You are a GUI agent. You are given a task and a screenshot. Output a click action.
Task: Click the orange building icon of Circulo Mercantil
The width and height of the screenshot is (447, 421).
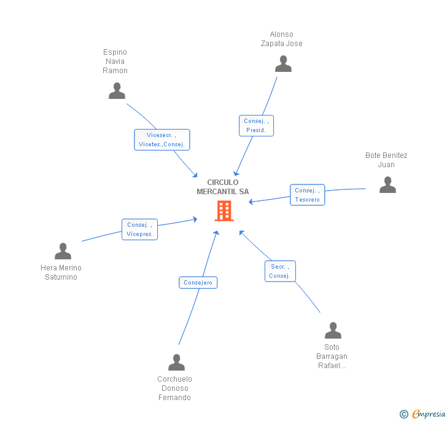click(x=224, y=211)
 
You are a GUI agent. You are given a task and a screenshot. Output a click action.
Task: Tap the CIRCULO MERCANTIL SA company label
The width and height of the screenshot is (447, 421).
click(x=223, y=187)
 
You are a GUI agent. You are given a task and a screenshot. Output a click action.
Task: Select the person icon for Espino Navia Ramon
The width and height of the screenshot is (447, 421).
click(x=117, y=91)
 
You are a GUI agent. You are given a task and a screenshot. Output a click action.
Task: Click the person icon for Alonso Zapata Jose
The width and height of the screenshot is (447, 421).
click(x=283, y=64)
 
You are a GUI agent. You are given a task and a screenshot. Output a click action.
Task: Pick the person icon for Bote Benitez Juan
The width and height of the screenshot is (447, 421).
click(x=387, y=185)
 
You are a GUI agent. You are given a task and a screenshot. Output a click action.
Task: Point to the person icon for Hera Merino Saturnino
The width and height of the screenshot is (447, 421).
click(x=63, y=251)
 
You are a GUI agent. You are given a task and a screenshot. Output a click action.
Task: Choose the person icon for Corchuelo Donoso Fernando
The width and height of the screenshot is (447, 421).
click(x=176, y=363)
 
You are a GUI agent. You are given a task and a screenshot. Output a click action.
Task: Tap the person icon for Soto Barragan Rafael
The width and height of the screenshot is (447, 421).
click(x=333, y=331)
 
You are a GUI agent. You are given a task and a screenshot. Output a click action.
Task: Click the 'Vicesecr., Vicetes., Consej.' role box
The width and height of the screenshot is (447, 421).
click(x=162, y=140)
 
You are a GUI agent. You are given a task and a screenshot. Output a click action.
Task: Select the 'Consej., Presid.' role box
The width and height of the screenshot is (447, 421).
click(x=256, y=125)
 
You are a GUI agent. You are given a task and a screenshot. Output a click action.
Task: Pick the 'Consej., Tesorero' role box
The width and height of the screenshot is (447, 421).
click(x=308, y=195)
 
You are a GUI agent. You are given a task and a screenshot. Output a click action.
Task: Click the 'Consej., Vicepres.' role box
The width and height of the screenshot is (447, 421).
click(x=140, y=229)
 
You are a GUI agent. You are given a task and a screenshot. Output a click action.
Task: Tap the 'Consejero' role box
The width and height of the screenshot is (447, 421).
click(x=198, y=283)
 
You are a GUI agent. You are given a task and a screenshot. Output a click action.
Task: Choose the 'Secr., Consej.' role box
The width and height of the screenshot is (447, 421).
click(x=280, y=271)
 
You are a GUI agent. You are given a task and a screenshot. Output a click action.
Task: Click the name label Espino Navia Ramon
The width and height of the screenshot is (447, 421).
click(x=115, y=61)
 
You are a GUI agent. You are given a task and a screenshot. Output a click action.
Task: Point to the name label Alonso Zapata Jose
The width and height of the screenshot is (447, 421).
click(x=282, y=39)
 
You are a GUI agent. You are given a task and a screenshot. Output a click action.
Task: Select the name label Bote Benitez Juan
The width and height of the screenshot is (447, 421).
click(x=386, y=160)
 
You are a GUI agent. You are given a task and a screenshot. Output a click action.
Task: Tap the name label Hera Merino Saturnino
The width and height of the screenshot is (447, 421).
click(x=61, y=272)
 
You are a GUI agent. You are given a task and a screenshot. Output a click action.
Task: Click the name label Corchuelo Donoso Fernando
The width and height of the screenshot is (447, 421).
click(x=174, y=388)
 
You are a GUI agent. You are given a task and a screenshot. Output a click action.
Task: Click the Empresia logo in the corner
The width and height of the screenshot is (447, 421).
click(x=422, y=414)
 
